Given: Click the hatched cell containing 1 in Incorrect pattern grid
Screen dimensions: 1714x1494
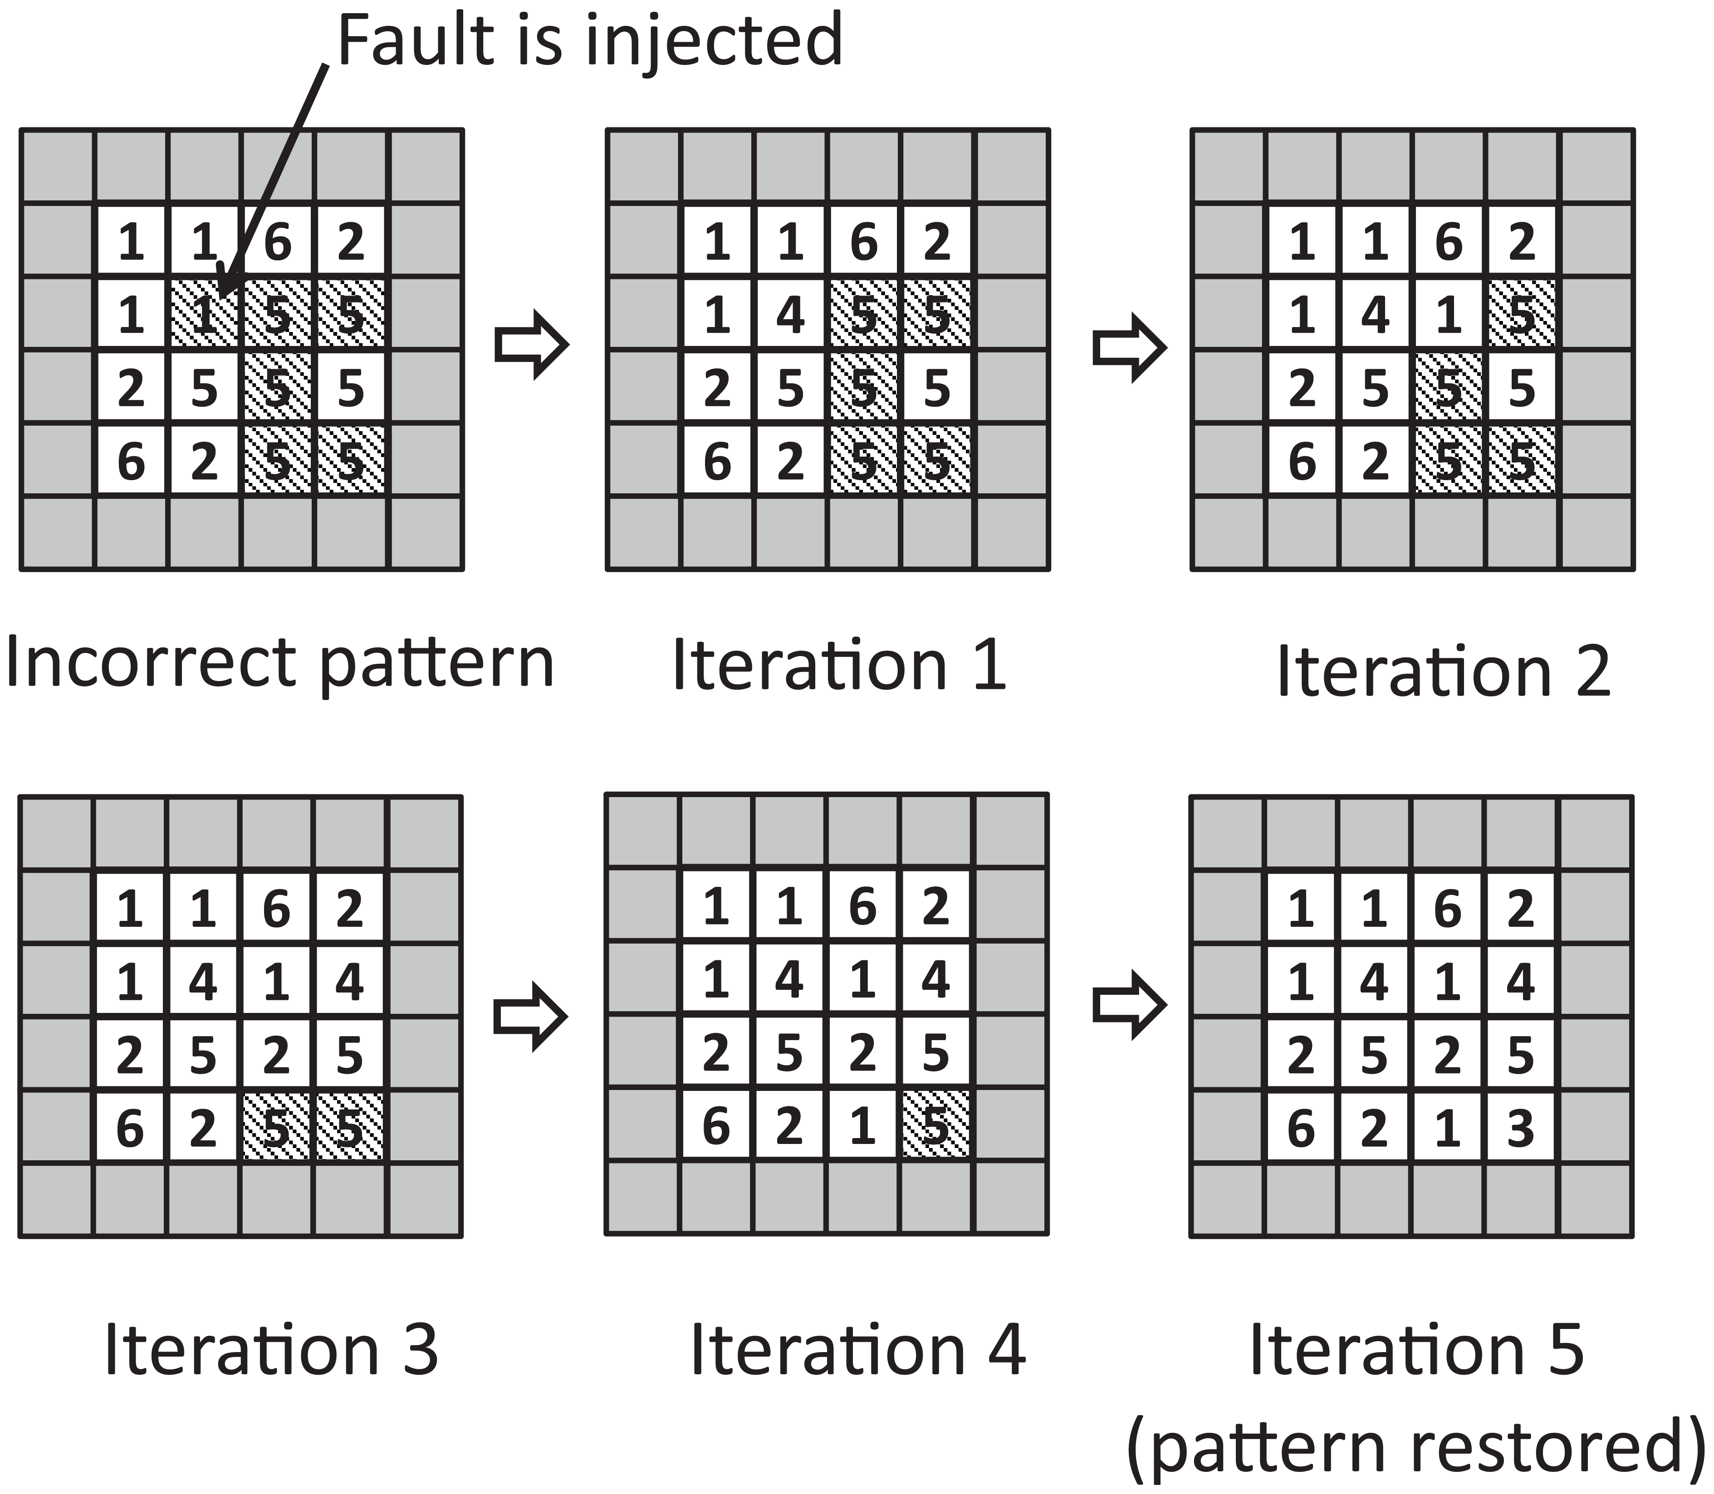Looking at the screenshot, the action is (x=204, y=315).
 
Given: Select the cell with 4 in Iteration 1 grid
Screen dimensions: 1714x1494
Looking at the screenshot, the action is (x=791, y=315).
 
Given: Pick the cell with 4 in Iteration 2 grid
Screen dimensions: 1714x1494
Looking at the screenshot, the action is (x=1376, y=315).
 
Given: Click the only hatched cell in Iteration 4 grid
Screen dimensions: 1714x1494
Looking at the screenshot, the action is (x=936, y=1127).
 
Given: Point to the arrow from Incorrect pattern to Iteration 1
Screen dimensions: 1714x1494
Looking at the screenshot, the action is (x=531, y=344).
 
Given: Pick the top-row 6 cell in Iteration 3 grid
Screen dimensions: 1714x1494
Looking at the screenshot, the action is (x=276, y=908).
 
